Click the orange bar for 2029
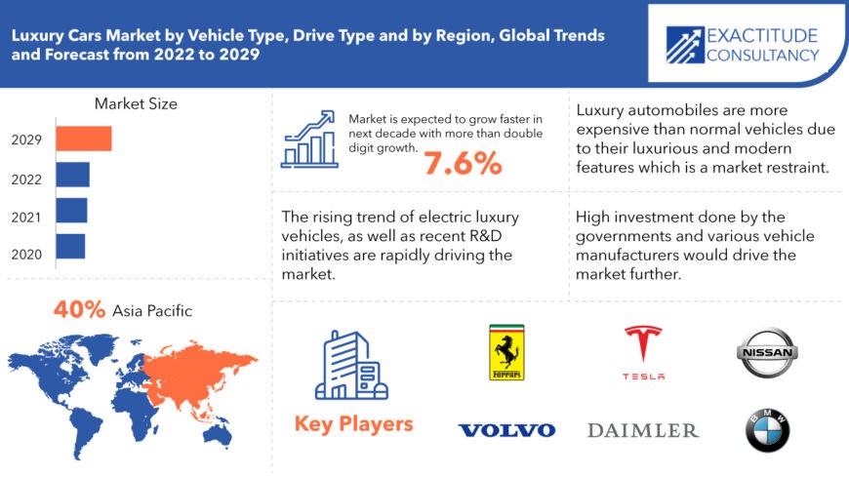[x=84, y=139]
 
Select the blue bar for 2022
[x=72, y=175]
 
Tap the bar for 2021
[x=71, y=210]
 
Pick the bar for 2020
[x=70, y=246]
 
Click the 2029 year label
[x=26, y=139]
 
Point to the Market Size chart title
[x=136, y=103]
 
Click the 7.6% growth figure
[x=463, y=164]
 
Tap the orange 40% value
[x=80, y=310]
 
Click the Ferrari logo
[x=506, y=352]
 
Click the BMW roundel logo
[x=767, y=430]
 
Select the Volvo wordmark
[x=506, y=430]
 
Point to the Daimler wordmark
[x=643, y=430]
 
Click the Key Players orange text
[x=353, y=424]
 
